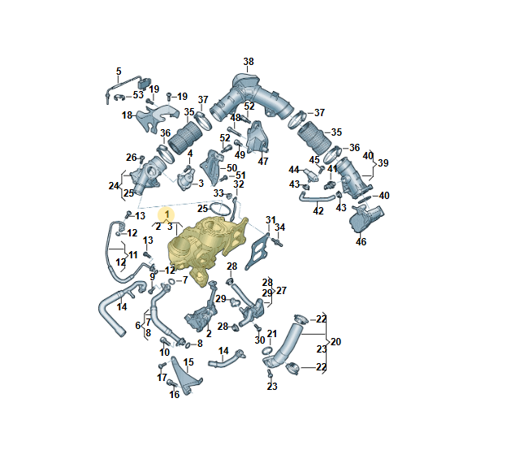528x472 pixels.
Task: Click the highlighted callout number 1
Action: [167, 214]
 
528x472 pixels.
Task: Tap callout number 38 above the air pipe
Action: [249, 62]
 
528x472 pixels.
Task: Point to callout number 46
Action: [361, 242]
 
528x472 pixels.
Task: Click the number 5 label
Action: [119, 71]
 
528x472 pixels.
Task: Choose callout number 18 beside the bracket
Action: [127, 115]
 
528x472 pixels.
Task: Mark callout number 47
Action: [263, 162]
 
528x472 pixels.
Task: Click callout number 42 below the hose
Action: [318, 211]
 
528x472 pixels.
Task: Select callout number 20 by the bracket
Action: [335, 342]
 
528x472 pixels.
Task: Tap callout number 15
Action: [188, 362]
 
